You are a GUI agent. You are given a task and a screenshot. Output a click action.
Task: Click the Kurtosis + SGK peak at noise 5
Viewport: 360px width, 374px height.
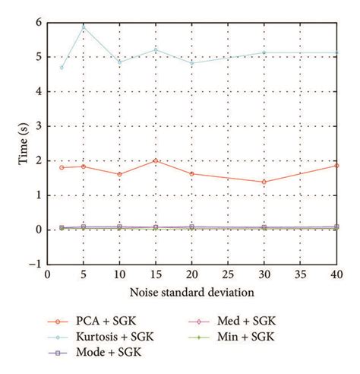(x=83, y=27)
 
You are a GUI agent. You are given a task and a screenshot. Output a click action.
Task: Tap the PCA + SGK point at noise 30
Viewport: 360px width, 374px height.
(x=264, y=182)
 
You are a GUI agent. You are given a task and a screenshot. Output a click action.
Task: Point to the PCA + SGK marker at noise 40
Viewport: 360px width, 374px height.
(x=336, y=165)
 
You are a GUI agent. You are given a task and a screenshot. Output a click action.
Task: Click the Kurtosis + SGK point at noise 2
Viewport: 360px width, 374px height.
(x=62, y=68)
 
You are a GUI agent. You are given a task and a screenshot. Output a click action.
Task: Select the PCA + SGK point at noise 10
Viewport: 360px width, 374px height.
(x=119, y=174)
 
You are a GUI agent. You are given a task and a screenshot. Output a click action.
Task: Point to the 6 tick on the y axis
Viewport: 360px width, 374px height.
(x=37, y=23)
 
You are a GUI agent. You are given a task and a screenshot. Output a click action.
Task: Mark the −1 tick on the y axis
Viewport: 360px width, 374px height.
(x=34, y=265)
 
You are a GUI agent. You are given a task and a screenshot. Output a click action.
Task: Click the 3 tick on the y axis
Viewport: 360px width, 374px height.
(x=37, y=126)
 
